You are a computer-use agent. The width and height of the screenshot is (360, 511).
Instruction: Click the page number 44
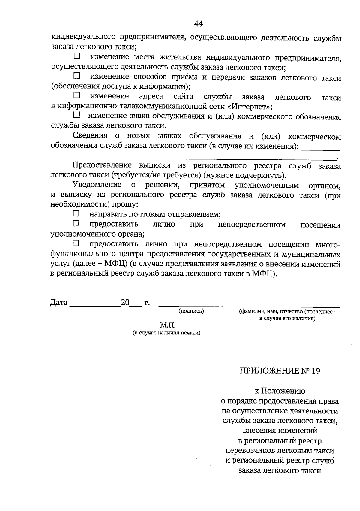199,23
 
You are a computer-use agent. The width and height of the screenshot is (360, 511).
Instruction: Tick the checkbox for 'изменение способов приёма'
77,76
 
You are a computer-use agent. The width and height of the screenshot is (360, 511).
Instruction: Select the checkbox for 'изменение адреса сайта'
77,95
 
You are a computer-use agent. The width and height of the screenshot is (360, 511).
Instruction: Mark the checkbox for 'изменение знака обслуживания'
77,115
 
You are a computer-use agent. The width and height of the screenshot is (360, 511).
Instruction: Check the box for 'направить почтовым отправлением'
76,214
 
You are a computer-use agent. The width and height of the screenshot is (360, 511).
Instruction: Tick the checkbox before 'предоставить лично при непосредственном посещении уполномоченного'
76,223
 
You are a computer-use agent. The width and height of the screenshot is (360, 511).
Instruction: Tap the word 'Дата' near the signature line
59,302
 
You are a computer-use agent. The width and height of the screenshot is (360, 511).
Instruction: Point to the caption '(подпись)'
191,311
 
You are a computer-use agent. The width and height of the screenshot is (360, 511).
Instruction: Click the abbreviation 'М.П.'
167,325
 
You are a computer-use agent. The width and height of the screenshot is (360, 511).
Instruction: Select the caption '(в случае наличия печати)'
167,333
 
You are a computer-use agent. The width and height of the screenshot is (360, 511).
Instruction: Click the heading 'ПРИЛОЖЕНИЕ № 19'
280,371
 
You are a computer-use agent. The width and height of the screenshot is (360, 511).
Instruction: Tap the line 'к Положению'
280,391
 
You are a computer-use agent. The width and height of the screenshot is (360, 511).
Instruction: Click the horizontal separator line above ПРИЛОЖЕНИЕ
197,355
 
